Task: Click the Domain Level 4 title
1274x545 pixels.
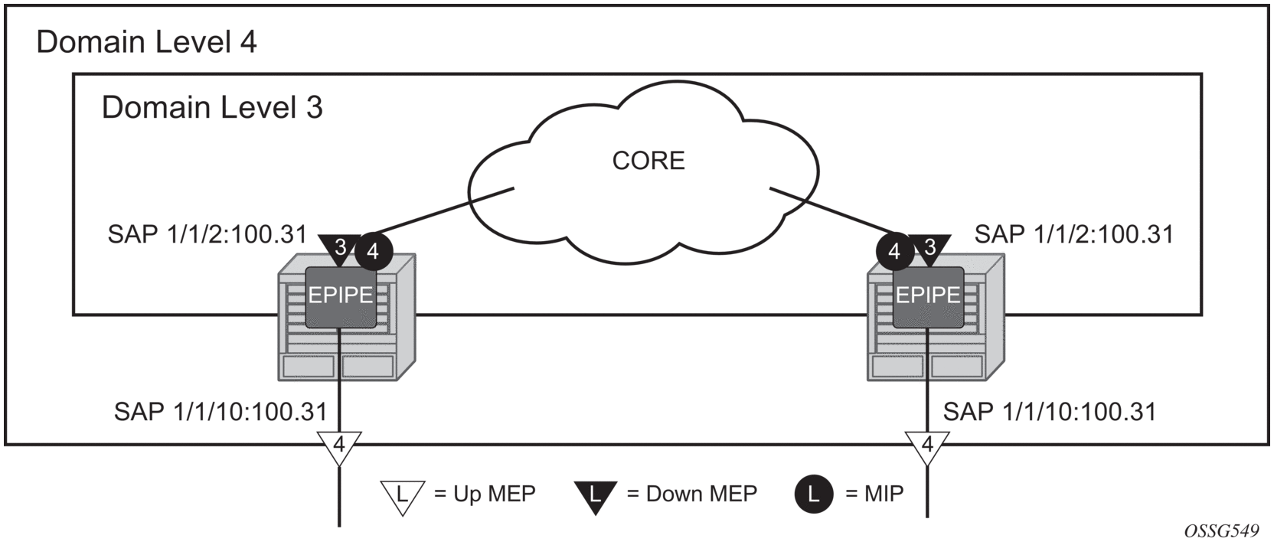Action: (x=146, y=42)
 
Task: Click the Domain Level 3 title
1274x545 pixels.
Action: (x=212, y=108)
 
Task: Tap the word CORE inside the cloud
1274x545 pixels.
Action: (x=648, y=161)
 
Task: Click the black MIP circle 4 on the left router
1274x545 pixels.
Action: (x=373, y=251)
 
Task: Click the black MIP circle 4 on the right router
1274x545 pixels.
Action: (x=894, y=251)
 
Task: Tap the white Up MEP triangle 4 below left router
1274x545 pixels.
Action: (x=338, y=445)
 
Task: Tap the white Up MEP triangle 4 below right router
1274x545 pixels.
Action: (x=927, y=445)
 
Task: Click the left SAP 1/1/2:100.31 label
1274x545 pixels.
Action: (x=207, y=234)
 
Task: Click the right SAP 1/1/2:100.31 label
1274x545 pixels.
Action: (x=1073, y=234)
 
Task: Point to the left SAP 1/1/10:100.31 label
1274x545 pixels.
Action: (x=220, y=412)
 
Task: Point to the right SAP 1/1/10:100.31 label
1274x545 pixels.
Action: (x=1049, y=412)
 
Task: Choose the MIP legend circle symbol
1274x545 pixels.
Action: (x=813, y=494)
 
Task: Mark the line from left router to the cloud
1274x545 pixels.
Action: (x=444, y=210)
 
